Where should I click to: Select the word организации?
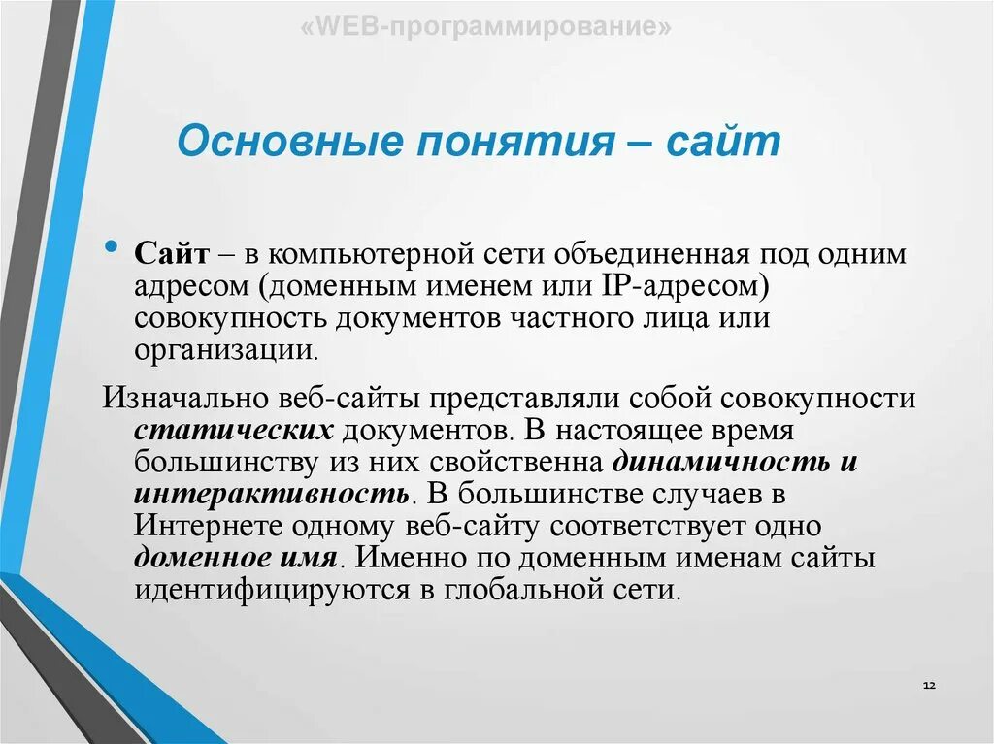pos(226,351)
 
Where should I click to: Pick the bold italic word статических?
pos(234,430)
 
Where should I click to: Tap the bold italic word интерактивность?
pos(270,494)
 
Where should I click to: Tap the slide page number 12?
pos(928,685)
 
